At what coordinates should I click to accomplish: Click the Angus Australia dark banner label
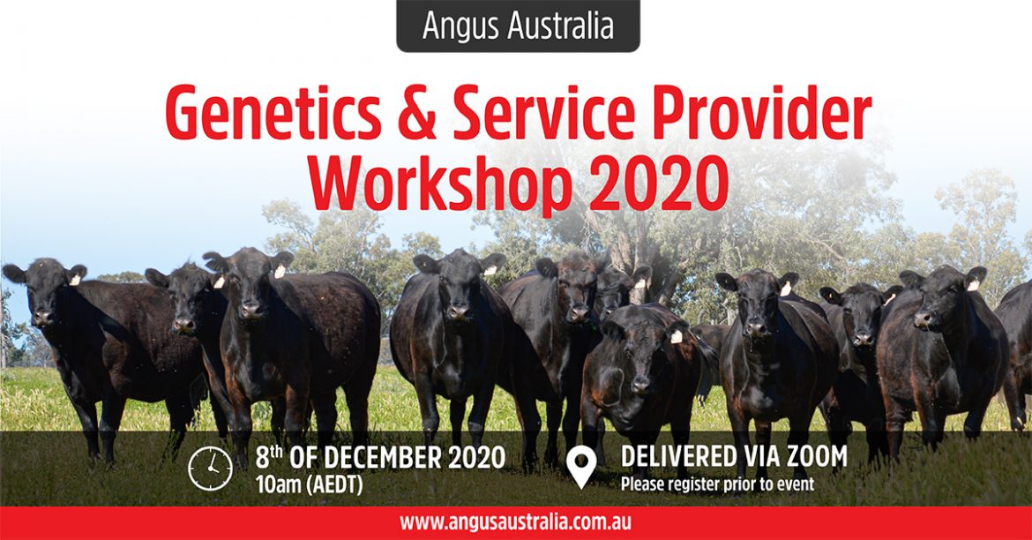(x=518, y=25)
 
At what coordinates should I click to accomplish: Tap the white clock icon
(x=210, y=469)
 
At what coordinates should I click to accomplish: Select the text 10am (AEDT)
(x=310, y=485)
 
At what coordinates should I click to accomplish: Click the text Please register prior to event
(x=717, y=484)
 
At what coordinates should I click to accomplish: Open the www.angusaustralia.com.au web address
(x=516, y=523)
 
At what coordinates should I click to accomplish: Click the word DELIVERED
(x=679, y=456)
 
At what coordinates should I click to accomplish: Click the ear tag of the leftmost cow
(x=75, y=280)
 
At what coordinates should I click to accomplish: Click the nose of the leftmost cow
(x=43, y=317)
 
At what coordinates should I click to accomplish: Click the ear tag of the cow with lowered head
(x=676, y=336)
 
